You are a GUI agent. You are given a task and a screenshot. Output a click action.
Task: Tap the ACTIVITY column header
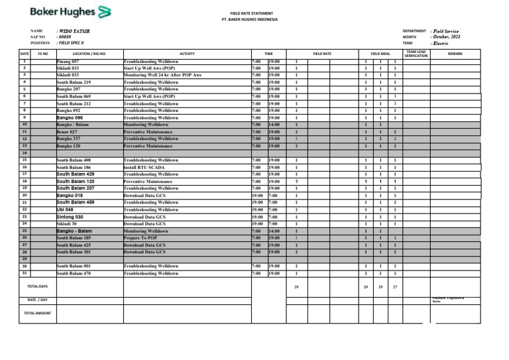click(x=187, y=53)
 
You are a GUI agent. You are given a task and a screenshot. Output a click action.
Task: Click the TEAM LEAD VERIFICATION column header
click(x=417, y=54)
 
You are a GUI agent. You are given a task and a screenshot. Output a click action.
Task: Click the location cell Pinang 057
click(x=68, y=60)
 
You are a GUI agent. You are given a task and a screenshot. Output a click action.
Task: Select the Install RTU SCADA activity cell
click(x=145, y=168)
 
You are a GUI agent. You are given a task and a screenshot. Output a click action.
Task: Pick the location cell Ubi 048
click(x=65, y=209)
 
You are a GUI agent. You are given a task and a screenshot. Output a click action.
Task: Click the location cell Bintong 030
click(x=70, y=216)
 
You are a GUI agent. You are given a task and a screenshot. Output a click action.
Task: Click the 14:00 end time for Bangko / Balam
click(x=274, y=125)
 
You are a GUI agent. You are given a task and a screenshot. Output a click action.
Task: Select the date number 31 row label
click(x=25, y=272)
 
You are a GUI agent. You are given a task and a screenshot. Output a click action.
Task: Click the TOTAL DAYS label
click(x=37, y=286)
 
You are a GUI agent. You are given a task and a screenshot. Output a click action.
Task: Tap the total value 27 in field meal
click(x=396, y=286)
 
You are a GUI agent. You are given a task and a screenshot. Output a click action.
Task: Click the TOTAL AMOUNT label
click(x=37, y=313)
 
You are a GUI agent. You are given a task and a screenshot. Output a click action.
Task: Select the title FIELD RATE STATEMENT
click(x=251, y=13)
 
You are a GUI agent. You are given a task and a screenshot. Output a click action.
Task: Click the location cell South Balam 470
click(x=73, y=273)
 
